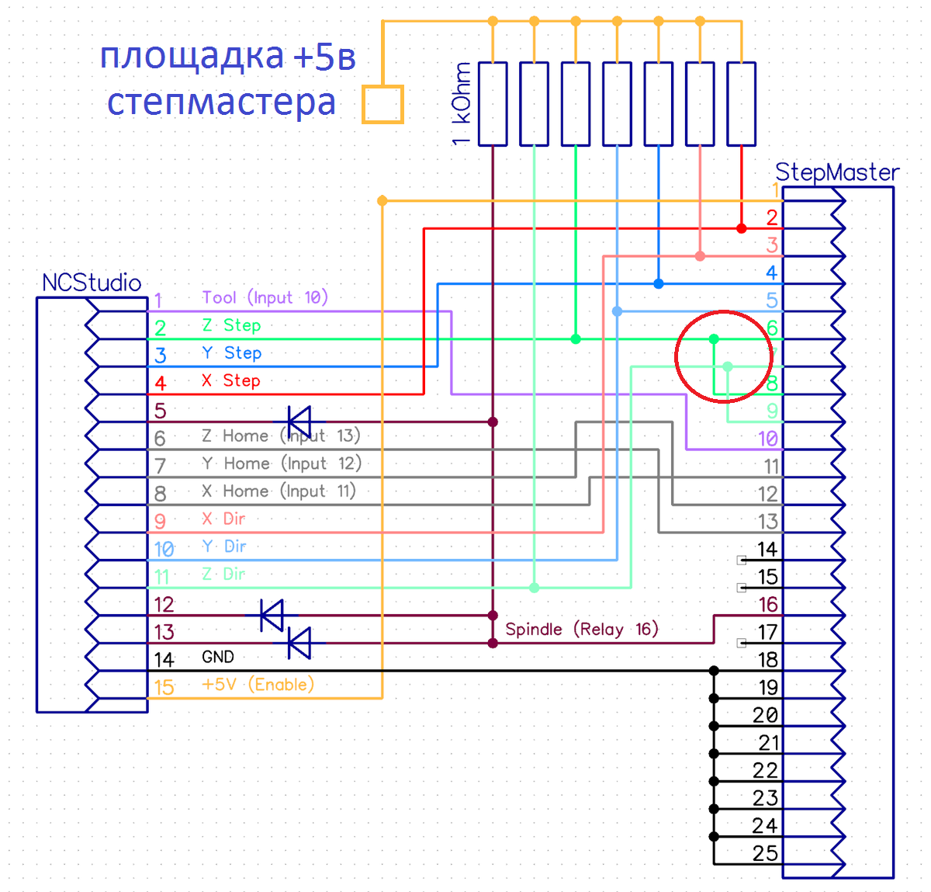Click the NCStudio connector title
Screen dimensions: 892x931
92,283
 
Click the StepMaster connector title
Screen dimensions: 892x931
837,172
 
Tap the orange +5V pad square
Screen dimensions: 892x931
382,104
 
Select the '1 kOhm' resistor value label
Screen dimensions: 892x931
462,104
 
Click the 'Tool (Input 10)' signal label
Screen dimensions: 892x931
265,297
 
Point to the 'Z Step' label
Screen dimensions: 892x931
231,325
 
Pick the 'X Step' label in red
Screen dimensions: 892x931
230,380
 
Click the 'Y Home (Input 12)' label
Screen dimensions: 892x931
282,463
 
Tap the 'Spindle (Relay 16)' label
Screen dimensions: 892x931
581,629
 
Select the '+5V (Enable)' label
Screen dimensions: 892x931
258,685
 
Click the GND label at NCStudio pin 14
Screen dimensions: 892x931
218,657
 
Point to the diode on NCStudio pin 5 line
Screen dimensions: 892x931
299,422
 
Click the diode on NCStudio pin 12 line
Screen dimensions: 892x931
272,616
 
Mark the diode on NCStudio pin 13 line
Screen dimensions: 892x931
299,644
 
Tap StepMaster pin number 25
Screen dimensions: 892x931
765,853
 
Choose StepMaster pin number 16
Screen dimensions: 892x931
768,605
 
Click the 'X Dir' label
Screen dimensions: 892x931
223,519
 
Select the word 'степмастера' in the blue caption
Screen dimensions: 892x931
221,102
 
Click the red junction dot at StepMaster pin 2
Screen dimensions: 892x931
742,228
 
